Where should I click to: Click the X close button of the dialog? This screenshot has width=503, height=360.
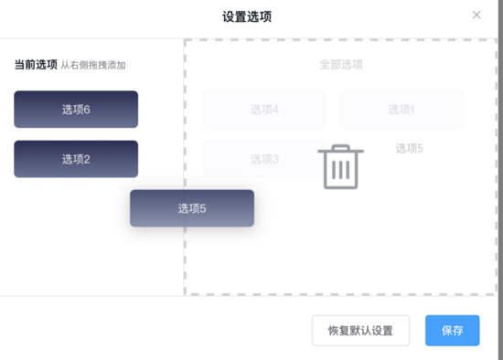coord(476,15)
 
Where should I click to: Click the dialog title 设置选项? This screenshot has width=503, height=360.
coord(246,16)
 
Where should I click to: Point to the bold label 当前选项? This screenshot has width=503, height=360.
coord(35,65)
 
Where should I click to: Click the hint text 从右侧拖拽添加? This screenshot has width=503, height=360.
coord(92,66)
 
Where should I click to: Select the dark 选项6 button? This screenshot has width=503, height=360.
coord(76,110)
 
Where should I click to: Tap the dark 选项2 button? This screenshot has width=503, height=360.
coord(76,159)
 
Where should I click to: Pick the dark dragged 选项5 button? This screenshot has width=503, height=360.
coord(192,208)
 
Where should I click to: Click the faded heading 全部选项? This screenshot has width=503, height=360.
coord(341,65)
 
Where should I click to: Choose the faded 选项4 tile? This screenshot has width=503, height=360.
coord(264,110)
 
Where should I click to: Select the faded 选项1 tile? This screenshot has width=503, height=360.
coord(401,110)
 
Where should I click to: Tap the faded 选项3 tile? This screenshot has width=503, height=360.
coord(264,159)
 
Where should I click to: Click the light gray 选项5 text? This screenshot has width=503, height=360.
coord(409,148)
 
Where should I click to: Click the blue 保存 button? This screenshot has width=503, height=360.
coord(452,330)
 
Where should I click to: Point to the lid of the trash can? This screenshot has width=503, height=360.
coord(341,151)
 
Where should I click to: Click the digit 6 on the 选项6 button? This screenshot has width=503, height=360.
coord(87,110)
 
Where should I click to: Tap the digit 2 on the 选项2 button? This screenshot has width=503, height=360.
coord(87,159)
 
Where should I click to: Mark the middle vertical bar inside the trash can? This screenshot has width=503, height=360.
coord(341,170)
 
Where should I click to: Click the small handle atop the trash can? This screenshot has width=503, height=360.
coord(341,145)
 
